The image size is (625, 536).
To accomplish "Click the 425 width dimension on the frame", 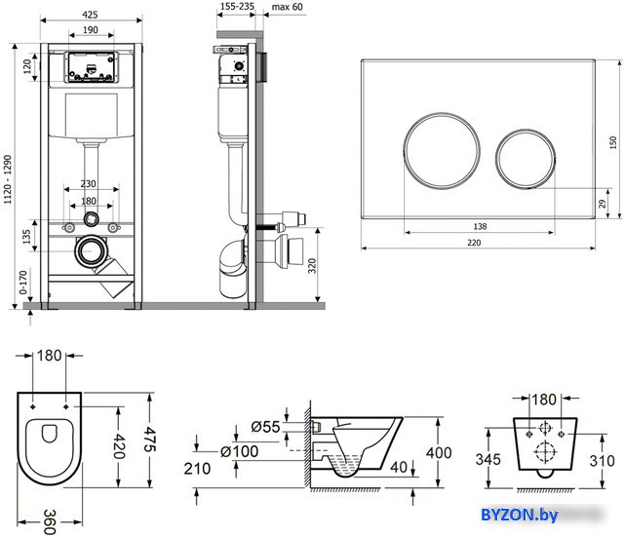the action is (90, 15).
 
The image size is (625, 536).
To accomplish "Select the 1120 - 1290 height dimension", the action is (8, 179).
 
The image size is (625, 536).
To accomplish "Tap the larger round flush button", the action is (442, 151).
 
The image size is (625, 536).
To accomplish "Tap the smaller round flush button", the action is (526, 158).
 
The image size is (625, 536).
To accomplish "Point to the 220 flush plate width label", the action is (474, 243).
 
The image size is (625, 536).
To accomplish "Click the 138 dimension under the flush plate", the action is (480, 226).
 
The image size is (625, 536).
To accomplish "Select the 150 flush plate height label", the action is (613, 142).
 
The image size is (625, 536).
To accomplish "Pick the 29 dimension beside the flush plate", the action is (603, 204).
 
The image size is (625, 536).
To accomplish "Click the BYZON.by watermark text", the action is (520, 515).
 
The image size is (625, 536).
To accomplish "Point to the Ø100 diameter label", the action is (239, 451).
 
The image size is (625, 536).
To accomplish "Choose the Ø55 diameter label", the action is (265, 427).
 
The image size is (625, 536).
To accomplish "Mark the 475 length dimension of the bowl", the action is (150, 440).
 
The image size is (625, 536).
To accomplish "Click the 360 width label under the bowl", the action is (50, 521).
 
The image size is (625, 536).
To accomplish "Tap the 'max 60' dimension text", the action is (287, 7).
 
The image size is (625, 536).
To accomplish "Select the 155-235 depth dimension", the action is (237, 7).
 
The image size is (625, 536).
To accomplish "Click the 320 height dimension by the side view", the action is (312, 265).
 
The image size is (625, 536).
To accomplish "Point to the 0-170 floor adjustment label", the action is (23, 283).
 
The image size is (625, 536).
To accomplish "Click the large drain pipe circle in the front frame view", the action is (91, 251).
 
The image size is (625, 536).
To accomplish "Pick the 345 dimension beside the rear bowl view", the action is (488, 459).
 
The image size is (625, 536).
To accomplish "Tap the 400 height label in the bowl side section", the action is (439, 453).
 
